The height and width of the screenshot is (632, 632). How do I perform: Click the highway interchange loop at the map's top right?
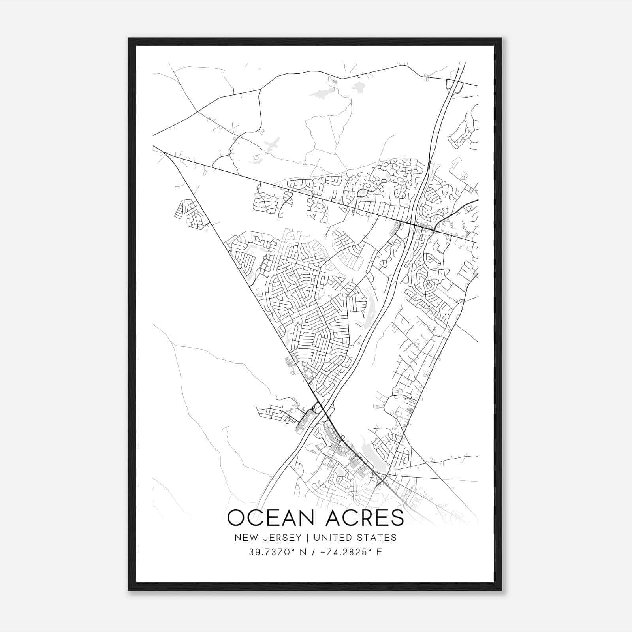tap(454, 86)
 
